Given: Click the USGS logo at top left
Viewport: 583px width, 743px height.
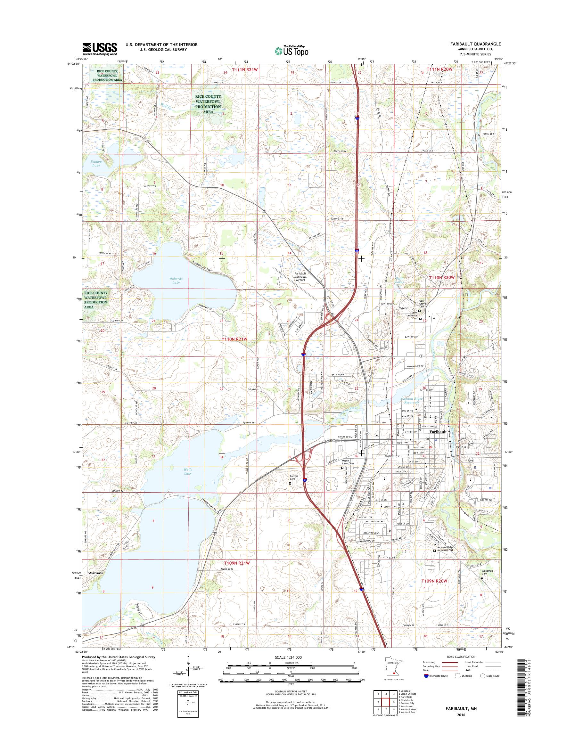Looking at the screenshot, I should pos(99,49).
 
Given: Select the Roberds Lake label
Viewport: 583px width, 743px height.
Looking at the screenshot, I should pos(176,281).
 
